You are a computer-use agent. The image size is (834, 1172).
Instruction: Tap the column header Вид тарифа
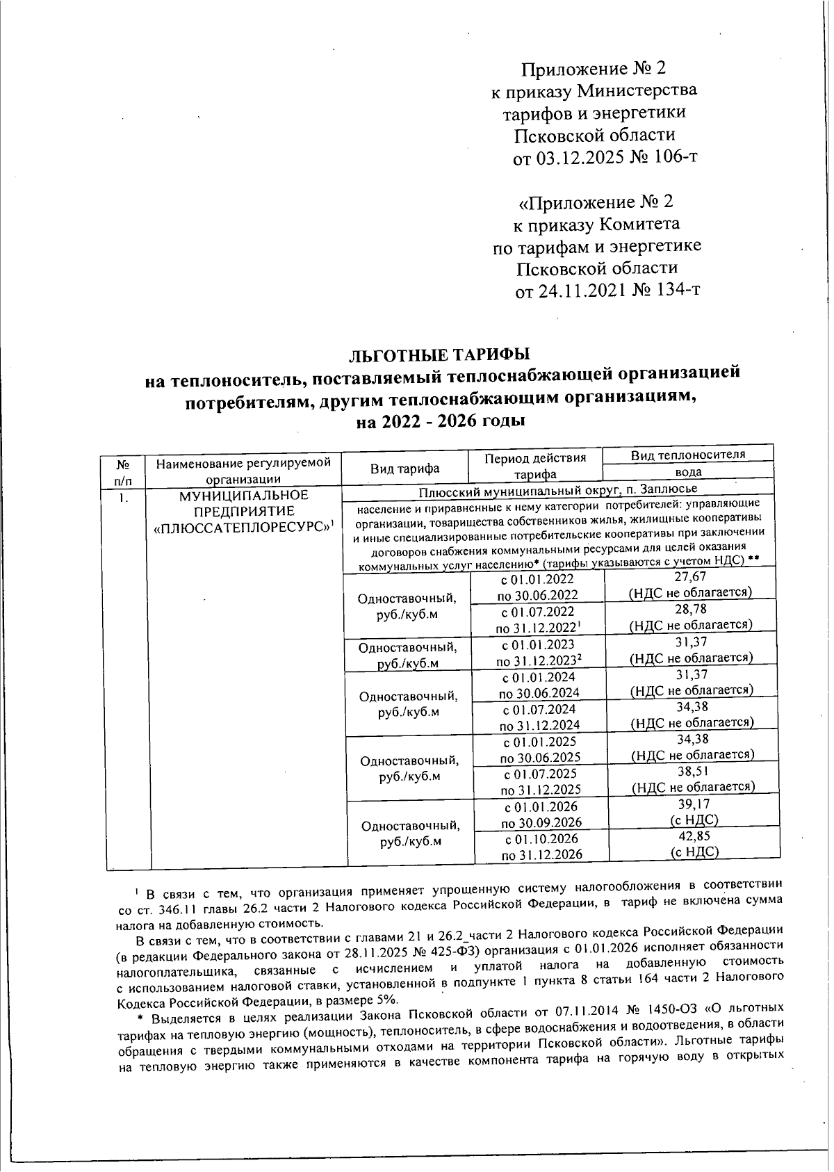tap(404, 469)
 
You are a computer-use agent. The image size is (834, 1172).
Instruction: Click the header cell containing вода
tap(688, 471)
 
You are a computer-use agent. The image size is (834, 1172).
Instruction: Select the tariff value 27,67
tap(690, 576)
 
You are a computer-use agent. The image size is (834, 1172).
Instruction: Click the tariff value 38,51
tap(693, 771)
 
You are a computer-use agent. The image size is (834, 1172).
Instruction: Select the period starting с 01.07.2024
tap(539, 709)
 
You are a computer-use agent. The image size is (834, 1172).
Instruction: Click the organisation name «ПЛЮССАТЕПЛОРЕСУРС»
tap(241, 528)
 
